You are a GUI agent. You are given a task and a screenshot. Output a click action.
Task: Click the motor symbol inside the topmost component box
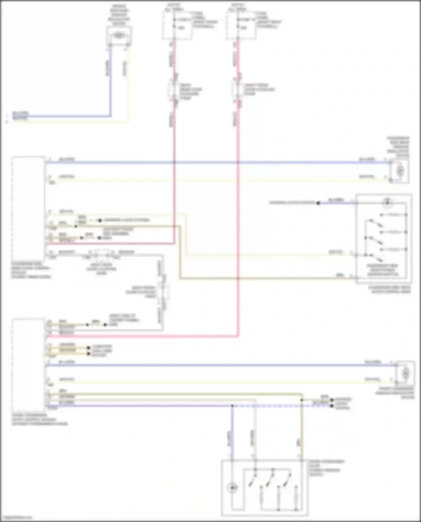(119, 36)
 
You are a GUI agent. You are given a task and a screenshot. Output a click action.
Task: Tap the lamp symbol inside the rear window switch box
(388, 203)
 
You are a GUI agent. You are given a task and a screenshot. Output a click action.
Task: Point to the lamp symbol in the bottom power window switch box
(232, 488)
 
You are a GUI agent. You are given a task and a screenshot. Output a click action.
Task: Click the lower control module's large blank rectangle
(28, 365)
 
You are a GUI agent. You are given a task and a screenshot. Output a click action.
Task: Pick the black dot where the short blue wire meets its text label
(318, 203)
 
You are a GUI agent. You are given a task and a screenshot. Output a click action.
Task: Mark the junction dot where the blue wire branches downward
(232, 406)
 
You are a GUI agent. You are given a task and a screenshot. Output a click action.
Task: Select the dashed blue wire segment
(281, 406)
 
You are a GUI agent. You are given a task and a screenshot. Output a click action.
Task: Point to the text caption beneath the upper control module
(31, 270)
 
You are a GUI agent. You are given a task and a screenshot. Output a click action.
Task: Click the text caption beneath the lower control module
(39, 419)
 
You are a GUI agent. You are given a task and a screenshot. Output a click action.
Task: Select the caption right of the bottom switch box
(326, 468)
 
